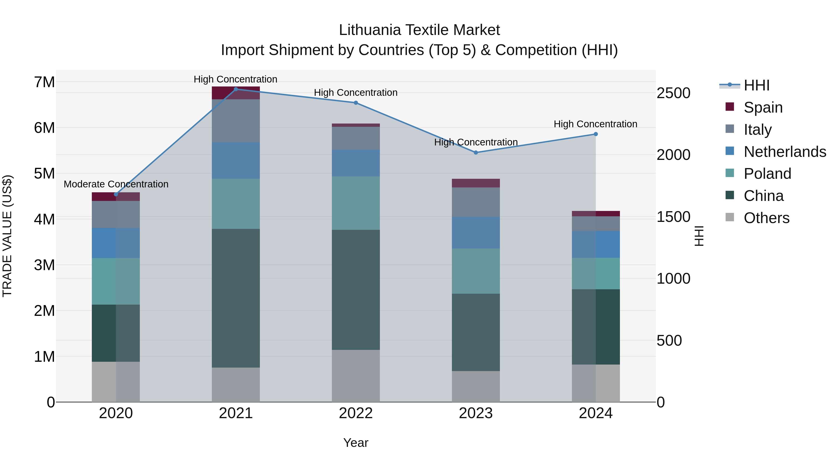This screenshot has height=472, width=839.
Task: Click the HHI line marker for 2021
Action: tap(236, 89)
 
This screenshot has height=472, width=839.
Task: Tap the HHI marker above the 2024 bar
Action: tap(596, 134)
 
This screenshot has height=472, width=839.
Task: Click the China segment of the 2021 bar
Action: tap(236, 298)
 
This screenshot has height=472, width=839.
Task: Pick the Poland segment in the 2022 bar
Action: tap(356, 203)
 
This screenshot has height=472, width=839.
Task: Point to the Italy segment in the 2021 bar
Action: tap(236, 121)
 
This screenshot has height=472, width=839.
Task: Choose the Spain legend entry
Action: tap(763, 107)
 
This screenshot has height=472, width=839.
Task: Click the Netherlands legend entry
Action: tap(785, 152)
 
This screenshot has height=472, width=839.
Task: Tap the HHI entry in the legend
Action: tap(756, 85)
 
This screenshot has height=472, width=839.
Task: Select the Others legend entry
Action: tap(766, 218)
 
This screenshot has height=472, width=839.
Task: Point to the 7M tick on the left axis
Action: tap(44, 82)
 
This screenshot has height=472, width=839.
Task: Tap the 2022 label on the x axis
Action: tap(356, 413)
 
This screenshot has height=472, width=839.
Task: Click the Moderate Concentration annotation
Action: tap(116, 184)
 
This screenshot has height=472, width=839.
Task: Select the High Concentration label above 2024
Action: tap(595, 124)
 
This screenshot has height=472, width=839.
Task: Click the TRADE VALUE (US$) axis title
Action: tap(7, 236)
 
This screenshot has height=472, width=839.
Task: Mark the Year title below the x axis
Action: tap(356, 443)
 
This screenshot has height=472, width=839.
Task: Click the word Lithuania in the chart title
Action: tap(370, 30)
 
